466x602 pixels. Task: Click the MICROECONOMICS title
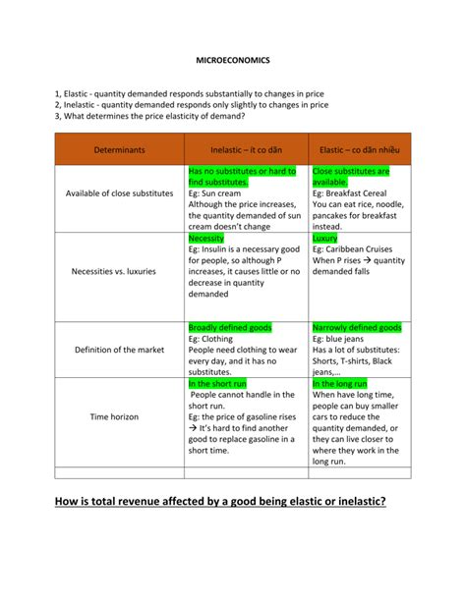click(232, 61)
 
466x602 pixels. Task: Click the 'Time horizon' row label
click(114, 416)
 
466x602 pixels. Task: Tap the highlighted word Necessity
click(206, 239)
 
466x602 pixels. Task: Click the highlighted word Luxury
click(324, 239)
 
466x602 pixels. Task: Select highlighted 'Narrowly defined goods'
click(356, 327)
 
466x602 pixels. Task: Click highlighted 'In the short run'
click(219, 384)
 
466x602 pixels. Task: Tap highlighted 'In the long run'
click(340, 384)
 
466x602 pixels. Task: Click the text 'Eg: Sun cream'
click(218, 193)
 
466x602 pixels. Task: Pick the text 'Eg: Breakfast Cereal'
click(353, 193)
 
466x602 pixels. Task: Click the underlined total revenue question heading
click(220, 502)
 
